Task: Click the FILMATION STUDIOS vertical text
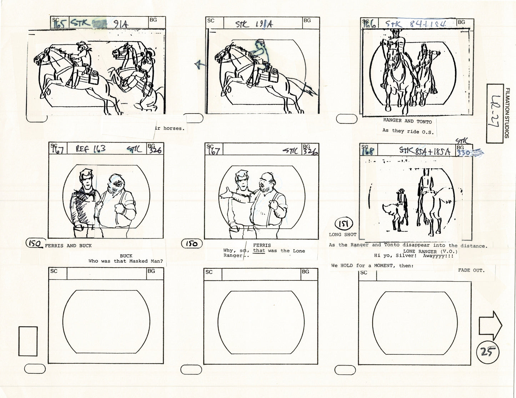click(x=507, y=113)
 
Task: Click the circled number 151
click(x=344, y=224)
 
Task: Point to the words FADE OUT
click(x=471, y=270)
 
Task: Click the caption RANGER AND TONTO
click(x=407, y=121)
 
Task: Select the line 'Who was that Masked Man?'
click(x=126, y=261)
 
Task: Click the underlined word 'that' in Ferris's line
click(x=259, y=251)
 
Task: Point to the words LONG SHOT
click(x=342, y=234)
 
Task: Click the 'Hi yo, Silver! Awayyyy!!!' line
click(x=416, y=256)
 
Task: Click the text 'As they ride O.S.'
click(x=408, y=131)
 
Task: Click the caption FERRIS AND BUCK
click(x=68, y=245)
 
